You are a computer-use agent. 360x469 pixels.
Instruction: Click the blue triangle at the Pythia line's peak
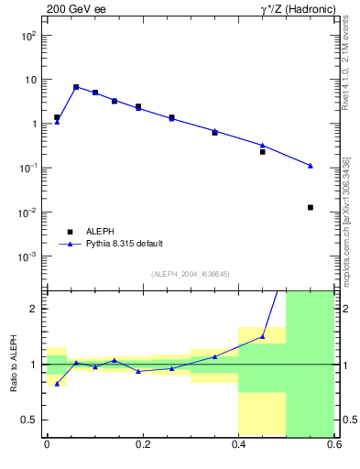tap(76, 87)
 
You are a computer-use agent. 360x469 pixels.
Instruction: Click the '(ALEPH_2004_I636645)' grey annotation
tap(190, 274)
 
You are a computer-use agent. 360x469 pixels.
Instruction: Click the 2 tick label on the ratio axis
tap(35, 310)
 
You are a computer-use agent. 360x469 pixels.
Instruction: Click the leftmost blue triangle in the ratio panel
tap(57, 384)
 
